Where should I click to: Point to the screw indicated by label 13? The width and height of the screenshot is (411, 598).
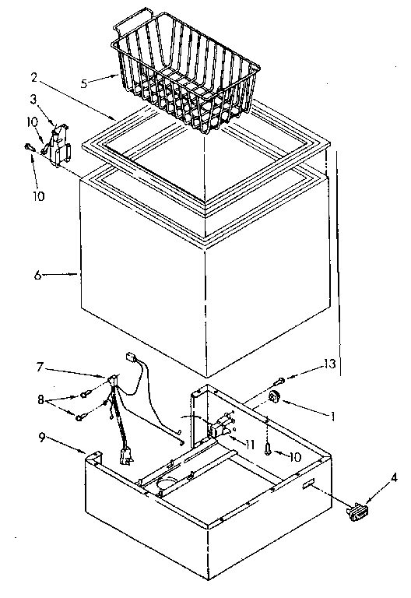click(x=278, y=382)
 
